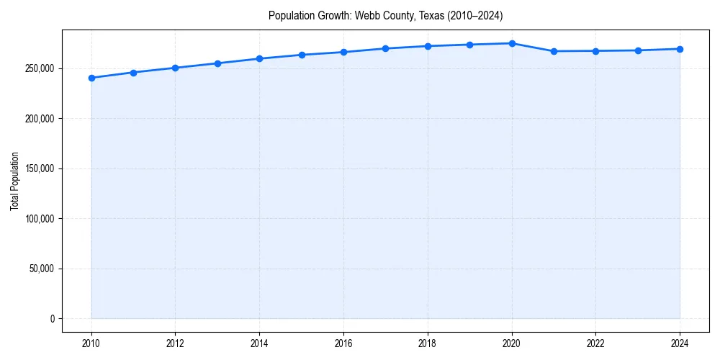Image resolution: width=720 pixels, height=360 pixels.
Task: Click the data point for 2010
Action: [91, 78]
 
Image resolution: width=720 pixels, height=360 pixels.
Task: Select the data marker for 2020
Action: [512, 43]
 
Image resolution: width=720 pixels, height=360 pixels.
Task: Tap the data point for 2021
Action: [554, 51]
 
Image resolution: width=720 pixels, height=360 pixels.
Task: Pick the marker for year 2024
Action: [680, 49]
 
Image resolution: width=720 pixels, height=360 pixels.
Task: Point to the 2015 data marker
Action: [302, 55]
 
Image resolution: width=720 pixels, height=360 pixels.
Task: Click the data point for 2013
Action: [217, 63]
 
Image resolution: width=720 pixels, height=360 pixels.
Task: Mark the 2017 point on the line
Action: [386, 48]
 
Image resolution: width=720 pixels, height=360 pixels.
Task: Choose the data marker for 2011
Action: [133, 72]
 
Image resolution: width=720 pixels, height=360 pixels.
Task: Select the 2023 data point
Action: [638, 50]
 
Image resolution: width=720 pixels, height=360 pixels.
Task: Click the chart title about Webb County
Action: [385, 15]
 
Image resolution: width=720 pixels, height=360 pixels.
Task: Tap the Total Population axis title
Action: [14, 181]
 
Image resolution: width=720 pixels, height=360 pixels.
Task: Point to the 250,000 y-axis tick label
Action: [39, 68]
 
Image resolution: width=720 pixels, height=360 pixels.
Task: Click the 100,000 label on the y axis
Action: [39, 219]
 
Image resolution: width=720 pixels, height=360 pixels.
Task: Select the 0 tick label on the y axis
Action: [52, 319]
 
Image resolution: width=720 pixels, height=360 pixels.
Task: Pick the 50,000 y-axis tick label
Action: [41, 269]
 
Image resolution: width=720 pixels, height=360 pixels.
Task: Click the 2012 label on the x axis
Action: [175, 343]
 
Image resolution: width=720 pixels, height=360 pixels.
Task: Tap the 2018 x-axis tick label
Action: [428, 343]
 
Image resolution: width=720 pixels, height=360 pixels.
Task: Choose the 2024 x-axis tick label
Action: [680, 343]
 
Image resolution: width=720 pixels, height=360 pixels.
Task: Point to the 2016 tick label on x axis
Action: [343, 343]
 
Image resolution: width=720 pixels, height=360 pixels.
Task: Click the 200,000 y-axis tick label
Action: [39, 119]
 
